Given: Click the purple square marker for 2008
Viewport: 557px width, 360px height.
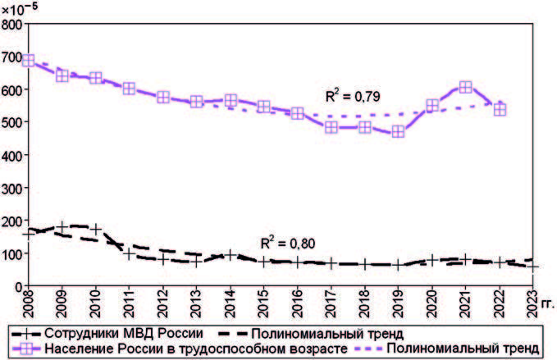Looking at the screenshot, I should click(x=29, y=60).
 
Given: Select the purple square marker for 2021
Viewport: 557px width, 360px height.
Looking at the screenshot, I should click(x=465, y=87).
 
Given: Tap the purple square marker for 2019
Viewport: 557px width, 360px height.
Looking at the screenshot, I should click(x=398, y=131).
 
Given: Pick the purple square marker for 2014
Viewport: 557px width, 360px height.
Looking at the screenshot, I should click(x=231, y=100).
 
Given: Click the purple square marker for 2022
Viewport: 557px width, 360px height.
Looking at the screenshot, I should click(x=499, y=109).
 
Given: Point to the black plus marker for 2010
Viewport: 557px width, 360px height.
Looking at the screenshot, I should click(x=96, y=229).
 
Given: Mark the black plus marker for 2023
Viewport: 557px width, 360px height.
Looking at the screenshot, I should click(x=532, y=267).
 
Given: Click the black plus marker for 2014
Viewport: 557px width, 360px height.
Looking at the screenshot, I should click(x=231, y=255).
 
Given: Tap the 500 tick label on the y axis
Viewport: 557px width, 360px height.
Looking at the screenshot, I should click(x=12, y=122).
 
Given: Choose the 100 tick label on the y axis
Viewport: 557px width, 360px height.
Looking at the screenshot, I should click(x=12, y=253).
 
